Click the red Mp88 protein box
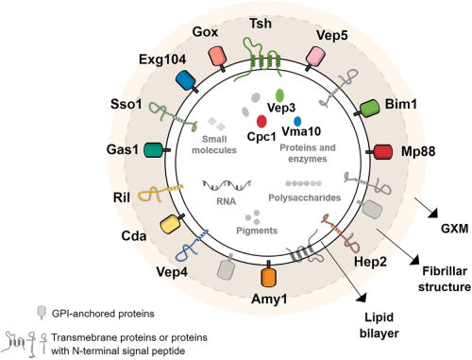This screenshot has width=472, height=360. (x=383, y=151)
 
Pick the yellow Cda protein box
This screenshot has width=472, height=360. (x=172, y=224)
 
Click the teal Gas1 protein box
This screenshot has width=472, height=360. (x=151, y=150)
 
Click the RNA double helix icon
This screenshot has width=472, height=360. (x=225, y=185)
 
